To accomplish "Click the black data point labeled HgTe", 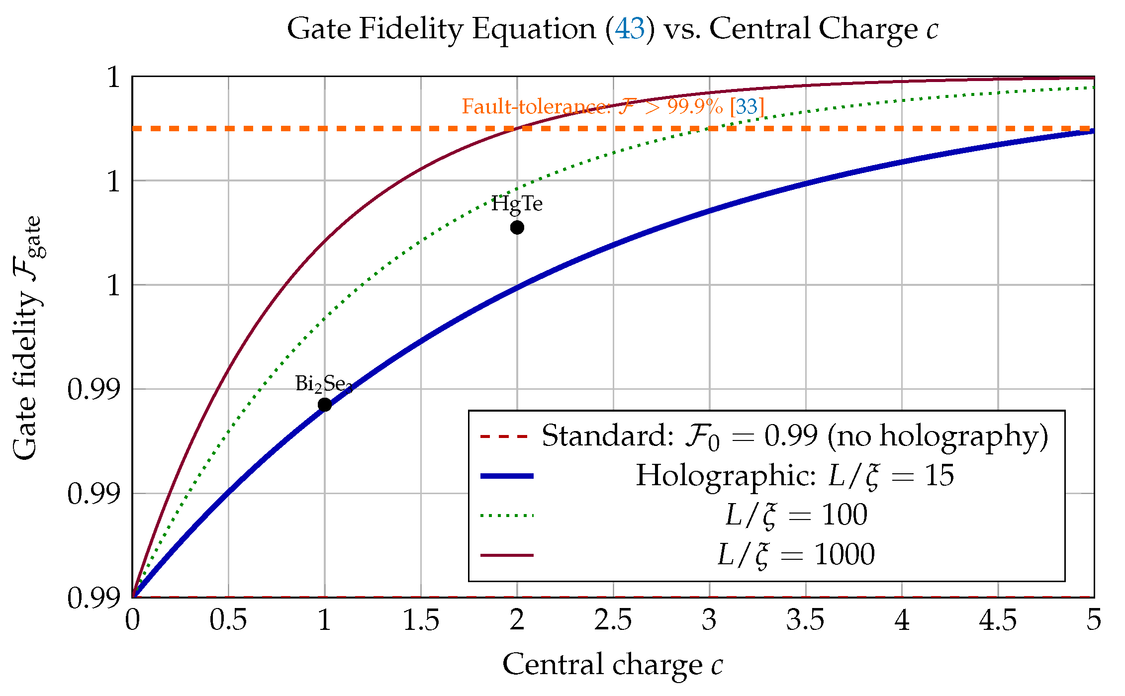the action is [517, 228].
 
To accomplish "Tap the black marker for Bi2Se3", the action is [325, 405].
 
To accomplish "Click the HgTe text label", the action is [517, 204].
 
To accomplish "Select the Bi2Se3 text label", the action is [324, 384].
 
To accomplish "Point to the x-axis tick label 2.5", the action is [613, 620].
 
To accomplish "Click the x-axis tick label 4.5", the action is [998, 620].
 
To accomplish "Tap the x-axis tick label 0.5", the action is [228, 620].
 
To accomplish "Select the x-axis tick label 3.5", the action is [806, 620].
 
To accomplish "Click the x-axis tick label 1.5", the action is [421, 620].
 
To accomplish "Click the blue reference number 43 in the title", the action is [630, 28].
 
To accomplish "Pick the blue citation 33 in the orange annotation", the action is [747, 106].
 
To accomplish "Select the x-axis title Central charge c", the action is [613, 665].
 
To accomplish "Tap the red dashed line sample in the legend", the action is [504, 437].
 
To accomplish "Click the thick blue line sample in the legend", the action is [507, 476].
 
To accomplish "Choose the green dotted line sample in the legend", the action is [507, 516].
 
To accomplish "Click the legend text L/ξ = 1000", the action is [796, 555].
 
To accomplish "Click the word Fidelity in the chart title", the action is [411, 29].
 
